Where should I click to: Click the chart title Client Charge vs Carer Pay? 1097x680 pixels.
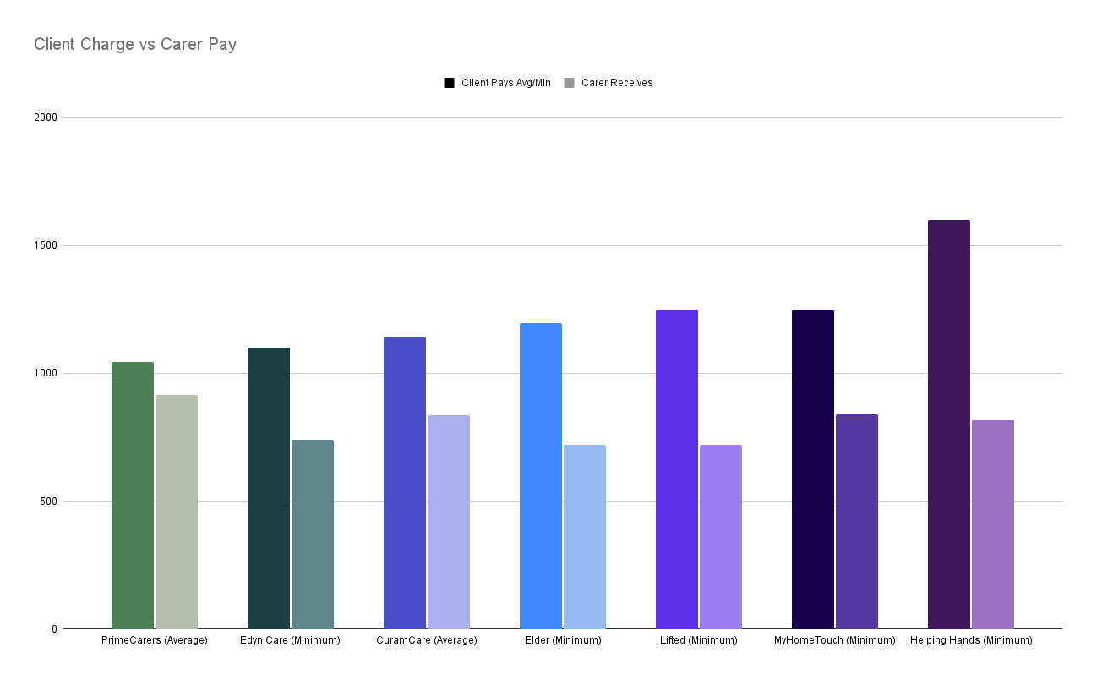pyautogui.click(x=135, y=44)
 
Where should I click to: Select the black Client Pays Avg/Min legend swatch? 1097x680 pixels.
pyautogui.click(x=450, y=83)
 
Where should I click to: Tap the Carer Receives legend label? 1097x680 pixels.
pyautogui.click(x=617, y=83)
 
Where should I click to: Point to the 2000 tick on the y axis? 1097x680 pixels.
pyautogui.click(x=47, y=118)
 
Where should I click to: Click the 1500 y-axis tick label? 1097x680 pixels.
pyautogui.click(x=47, y=245)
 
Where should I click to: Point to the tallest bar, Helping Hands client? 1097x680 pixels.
pyautogui.click(x=949, y=424)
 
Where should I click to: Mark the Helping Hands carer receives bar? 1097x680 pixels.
pyautogui.click(x=993, y=524)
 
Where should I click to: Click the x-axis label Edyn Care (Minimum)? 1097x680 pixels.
pyautogui.click(x=290, y=640)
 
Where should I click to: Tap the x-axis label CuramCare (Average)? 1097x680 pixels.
pyautogui.click(x=427, y=640)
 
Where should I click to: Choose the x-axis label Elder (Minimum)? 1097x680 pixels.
pyautogui.click(x=562, y=640)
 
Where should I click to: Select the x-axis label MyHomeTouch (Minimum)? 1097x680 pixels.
pyautogui.click(x=834, y=640)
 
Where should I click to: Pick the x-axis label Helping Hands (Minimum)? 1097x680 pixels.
pyautogui.click(x=971, y=640)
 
